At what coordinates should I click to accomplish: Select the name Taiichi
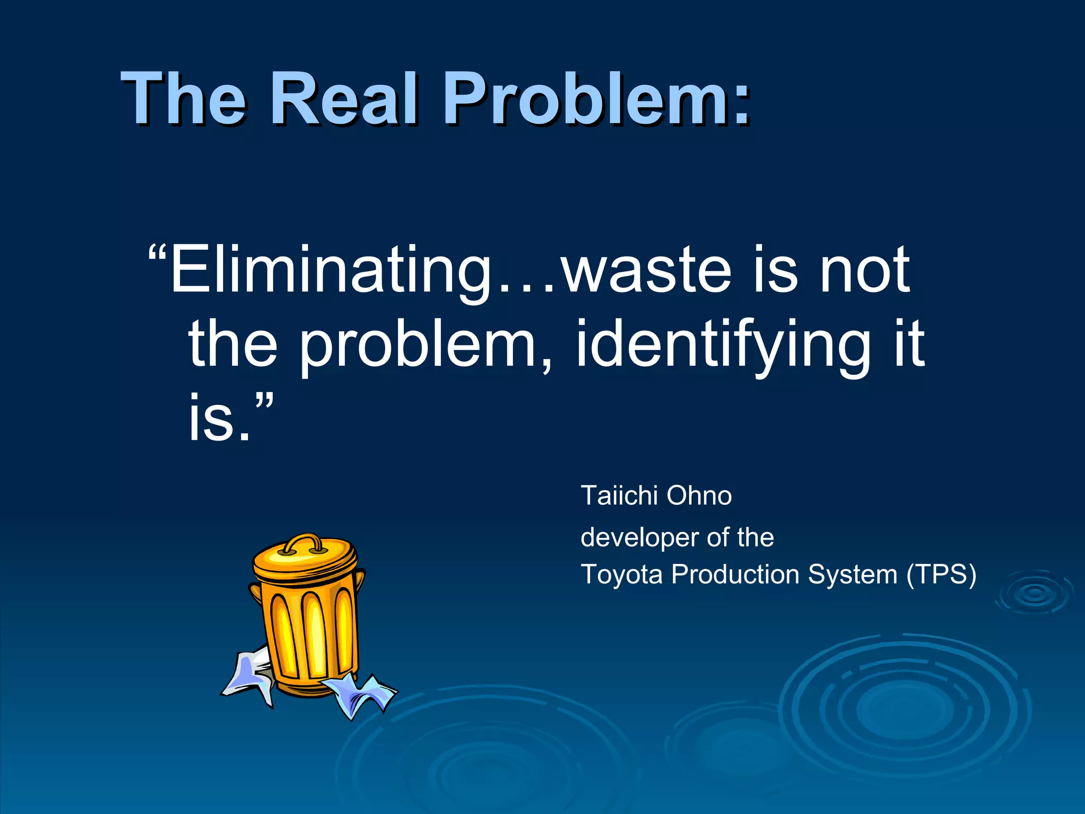[x=619, y=496]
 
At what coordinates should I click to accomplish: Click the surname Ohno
[x=699, y=496]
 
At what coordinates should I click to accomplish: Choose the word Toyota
[x=621, y=574]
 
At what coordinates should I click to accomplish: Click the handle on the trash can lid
[x=301, y=543]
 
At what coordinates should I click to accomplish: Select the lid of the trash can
[x=305, y=560]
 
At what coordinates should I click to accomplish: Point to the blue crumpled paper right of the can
[x=360, y=694]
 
